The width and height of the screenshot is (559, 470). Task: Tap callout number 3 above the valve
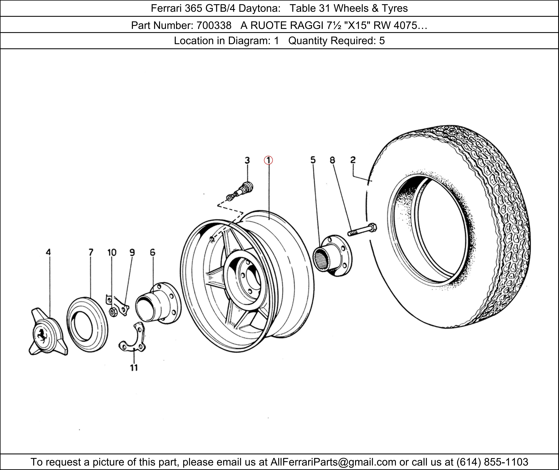click(247, 160)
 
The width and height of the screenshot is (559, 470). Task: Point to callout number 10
click(112, 252)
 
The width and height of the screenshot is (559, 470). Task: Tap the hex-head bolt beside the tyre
click(362, 229)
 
